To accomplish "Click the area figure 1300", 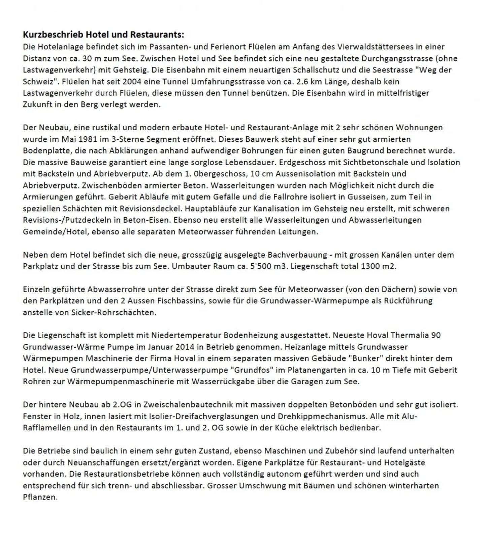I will [x=372, y=266].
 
